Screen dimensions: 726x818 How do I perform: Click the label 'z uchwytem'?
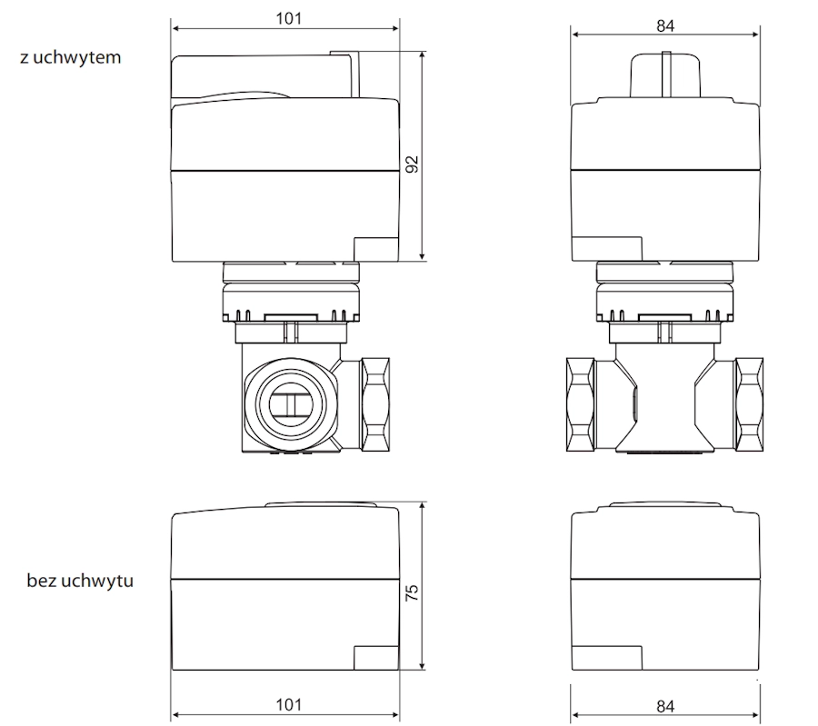70,56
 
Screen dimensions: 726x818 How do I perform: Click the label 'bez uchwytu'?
80,580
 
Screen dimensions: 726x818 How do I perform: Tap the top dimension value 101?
285,18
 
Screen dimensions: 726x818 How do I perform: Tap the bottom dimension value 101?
285,704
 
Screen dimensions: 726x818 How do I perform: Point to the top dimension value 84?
665,25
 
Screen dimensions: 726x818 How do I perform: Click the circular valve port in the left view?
286,402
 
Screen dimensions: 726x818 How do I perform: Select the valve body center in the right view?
664,400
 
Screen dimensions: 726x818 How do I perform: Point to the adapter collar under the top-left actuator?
290,295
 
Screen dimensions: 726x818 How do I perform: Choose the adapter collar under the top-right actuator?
664,295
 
